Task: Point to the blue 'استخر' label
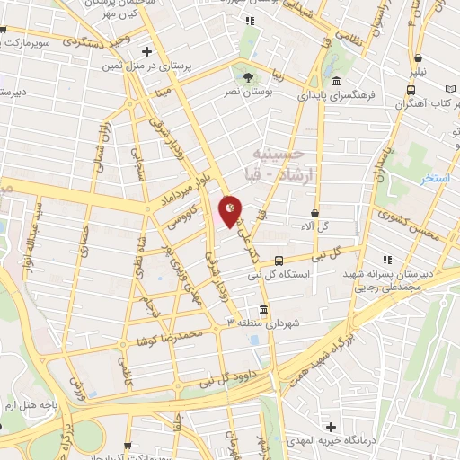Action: click(436, 178)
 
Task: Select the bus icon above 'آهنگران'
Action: click(410, 90)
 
